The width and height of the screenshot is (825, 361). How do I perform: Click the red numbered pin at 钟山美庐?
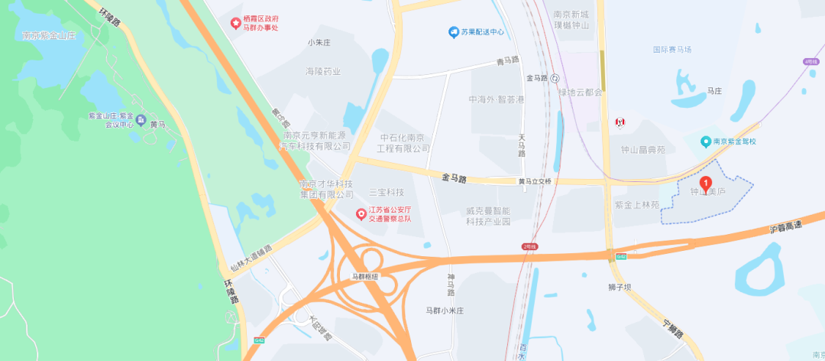706,184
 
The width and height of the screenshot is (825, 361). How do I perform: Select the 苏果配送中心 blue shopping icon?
453,32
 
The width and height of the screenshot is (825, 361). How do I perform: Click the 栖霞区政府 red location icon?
236,22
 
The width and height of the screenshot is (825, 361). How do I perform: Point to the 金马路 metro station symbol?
555,77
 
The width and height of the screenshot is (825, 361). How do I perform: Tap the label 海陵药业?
323,70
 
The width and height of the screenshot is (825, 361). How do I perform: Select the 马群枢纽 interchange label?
364,276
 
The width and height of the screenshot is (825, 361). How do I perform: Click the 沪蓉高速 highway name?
786,226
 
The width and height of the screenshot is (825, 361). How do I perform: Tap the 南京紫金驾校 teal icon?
707,141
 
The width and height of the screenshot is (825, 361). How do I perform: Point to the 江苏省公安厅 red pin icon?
361,213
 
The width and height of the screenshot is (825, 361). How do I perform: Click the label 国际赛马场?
672,50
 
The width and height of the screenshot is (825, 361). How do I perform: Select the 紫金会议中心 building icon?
141,121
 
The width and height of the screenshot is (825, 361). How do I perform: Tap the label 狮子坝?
620,287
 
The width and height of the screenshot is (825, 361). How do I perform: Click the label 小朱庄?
317,42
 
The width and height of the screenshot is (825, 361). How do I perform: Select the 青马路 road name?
507,60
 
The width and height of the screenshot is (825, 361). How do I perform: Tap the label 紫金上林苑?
636,205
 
